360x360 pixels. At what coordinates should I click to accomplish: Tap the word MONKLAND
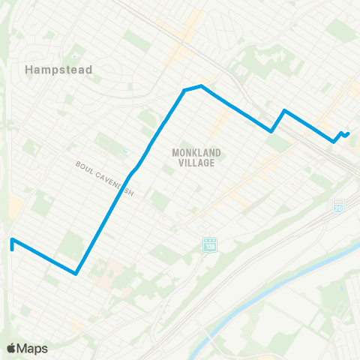click(193, 151)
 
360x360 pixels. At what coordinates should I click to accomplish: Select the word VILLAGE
click(193, 162)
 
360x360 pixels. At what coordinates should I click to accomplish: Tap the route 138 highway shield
click(208, 245)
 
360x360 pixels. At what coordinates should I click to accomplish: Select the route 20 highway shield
click(338, 205)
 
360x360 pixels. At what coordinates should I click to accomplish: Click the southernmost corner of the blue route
click(76, 274)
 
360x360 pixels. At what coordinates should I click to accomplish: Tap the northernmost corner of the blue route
click(200, 85)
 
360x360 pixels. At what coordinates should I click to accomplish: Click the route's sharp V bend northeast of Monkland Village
click(271, 131)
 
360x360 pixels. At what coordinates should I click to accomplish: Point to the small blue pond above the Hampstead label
click(75, 56)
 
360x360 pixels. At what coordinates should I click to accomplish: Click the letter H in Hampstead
click(28, 70)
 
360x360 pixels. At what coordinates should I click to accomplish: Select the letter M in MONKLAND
click(175, 151)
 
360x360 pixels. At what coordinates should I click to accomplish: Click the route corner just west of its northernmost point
click(184, 90)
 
